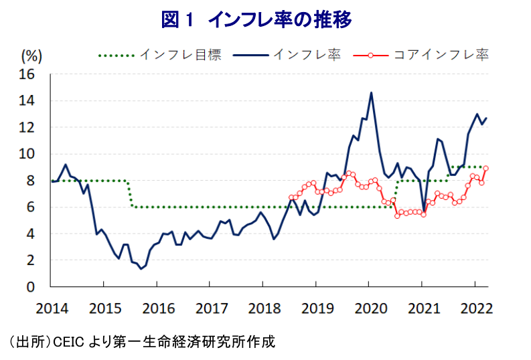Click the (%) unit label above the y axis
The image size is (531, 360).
pos(31,54)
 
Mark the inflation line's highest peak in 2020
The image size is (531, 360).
pos(372,93)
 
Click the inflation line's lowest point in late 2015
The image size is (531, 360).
pos(141,269)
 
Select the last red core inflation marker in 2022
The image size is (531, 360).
pos(485,169)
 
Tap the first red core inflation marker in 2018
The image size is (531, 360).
pos(291,198)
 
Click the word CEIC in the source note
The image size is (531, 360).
pos(66,341)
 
